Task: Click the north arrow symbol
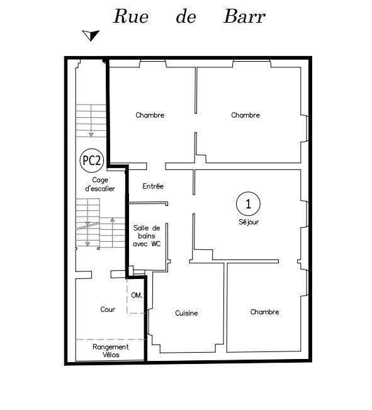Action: click(91, 35)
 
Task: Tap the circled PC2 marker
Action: click(92, 161)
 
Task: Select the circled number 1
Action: click(248, 203)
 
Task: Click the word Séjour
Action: click(249, 222)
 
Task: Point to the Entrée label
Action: click(153, 186)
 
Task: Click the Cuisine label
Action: click(186, 313)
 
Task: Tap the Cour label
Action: click(108, 309)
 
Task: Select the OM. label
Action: click(137, 295)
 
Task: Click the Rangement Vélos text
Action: click(111, 351)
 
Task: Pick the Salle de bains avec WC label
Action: click(147, 236)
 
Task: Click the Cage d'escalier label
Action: click(100, 185)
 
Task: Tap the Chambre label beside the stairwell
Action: click(150, 115)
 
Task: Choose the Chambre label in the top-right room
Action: click(245, 115)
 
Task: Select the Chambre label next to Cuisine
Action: click(264, 312)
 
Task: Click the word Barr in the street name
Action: click(244, 16)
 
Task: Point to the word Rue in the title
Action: click(131, 16)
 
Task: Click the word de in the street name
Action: click(186, 16)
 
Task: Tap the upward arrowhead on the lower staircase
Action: click(113, 220)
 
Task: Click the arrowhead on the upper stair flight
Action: click(91, 135)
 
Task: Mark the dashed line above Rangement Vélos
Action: click(111, 339)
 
